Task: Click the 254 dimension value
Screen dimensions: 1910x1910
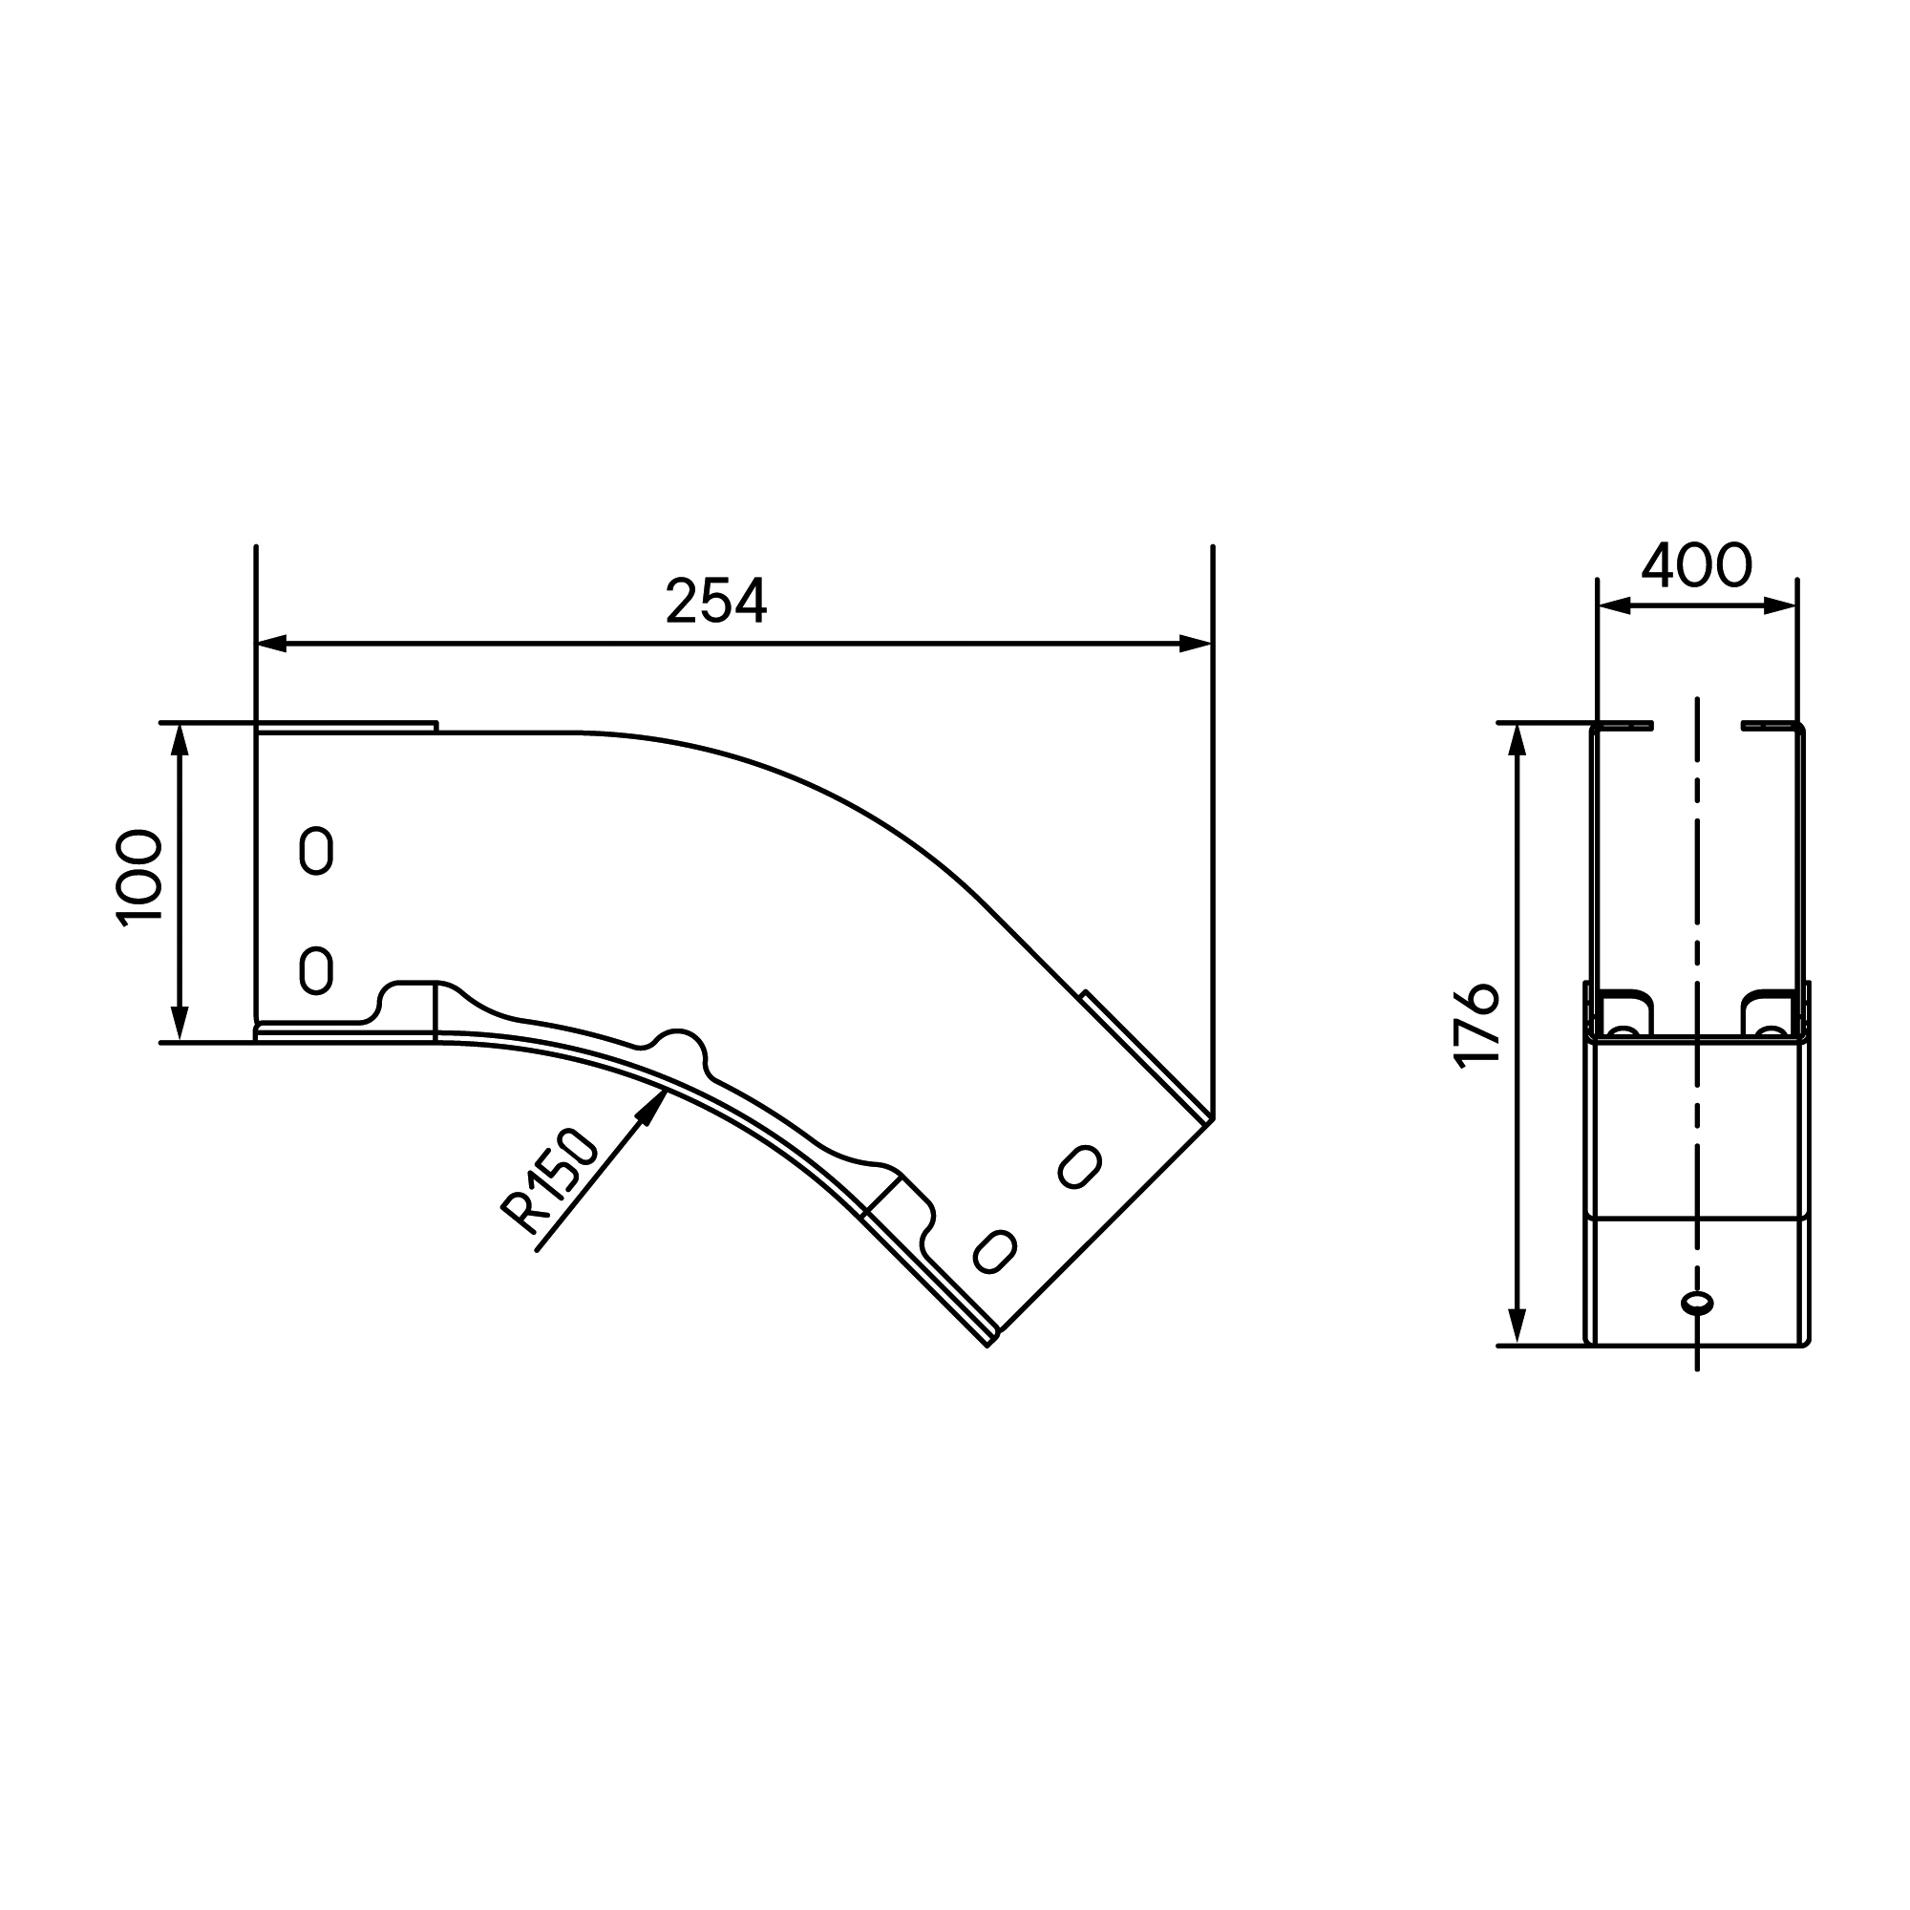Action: pos(715,601)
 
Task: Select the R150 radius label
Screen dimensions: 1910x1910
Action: pos(550,1182)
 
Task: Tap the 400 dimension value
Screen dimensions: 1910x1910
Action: pos(1695,565)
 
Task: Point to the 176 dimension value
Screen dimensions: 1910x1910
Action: pos(1478,1025)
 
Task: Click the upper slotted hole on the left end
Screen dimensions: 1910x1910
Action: pos(315,850)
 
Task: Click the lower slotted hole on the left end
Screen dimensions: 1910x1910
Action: pos(315,970)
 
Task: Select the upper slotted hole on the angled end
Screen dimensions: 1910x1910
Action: pos(1079,1167)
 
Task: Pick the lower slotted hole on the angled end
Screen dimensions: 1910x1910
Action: pos(994,1252)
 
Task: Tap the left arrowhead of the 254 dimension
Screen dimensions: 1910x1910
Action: pos(271,644)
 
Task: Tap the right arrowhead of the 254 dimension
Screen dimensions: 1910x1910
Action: pos(1197,644)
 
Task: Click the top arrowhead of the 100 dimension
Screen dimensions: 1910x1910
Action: pos(180,738)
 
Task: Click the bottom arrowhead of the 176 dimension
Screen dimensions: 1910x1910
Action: pos(1517,1327)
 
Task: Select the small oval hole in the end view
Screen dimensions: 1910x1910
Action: pos(1696,1303)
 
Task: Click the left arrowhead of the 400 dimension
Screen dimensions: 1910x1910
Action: pos(1613,606)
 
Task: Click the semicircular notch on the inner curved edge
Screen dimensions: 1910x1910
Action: pos(679,1050)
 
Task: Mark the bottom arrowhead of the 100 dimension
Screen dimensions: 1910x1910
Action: pos(180,1025)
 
